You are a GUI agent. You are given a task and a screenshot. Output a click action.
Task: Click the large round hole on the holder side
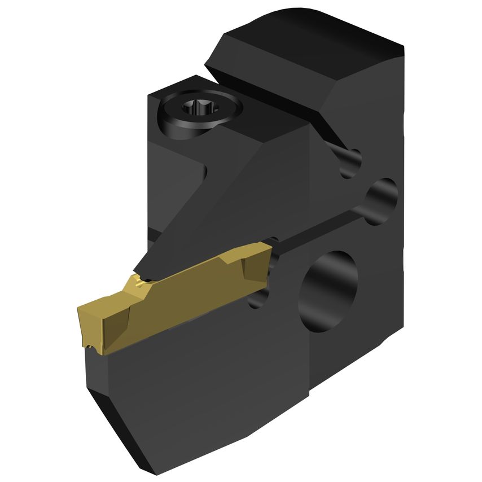tap(330, 290)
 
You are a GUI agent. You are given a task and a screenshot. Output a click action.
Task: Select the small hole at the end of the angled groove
tap(349, 161)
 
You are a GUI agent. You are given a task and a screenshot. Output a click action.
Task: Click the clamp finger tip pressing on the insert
tap(144, 271)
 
